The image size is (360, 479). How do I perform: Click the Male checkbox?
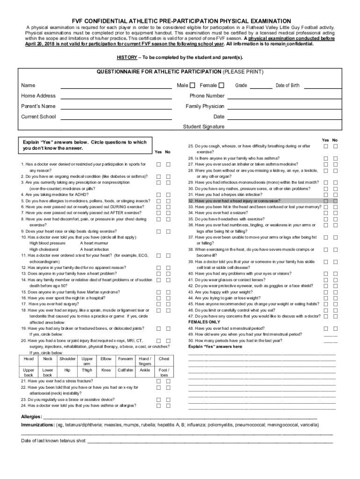(192, 85)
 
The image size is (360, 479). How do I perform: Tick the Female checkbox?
(222, 85)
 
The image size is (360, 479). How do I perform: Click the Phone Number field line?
(281, 98)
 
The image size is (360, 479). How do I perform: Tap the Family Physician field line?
(281, 109)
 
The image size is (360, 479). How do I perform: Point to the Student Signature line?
(281, 129)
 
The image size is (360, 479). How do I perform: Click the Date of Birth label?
(288, 86)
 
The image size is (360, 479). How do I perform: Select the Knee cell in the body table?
(106, 370)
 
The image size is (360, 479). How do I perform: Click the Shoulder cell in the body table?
(67, 359)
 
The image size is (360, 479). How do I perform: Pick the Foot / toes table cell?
(164, 373)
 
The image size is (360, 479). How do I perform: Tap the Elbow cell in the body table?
(106, 359)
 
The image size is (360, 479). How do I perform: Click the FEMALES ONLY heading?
(204, 322)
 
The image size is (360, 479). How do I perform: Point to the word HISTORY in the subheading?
(127, 58)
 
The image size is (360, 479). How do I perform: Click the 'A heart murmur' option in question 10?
(95, 243)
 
